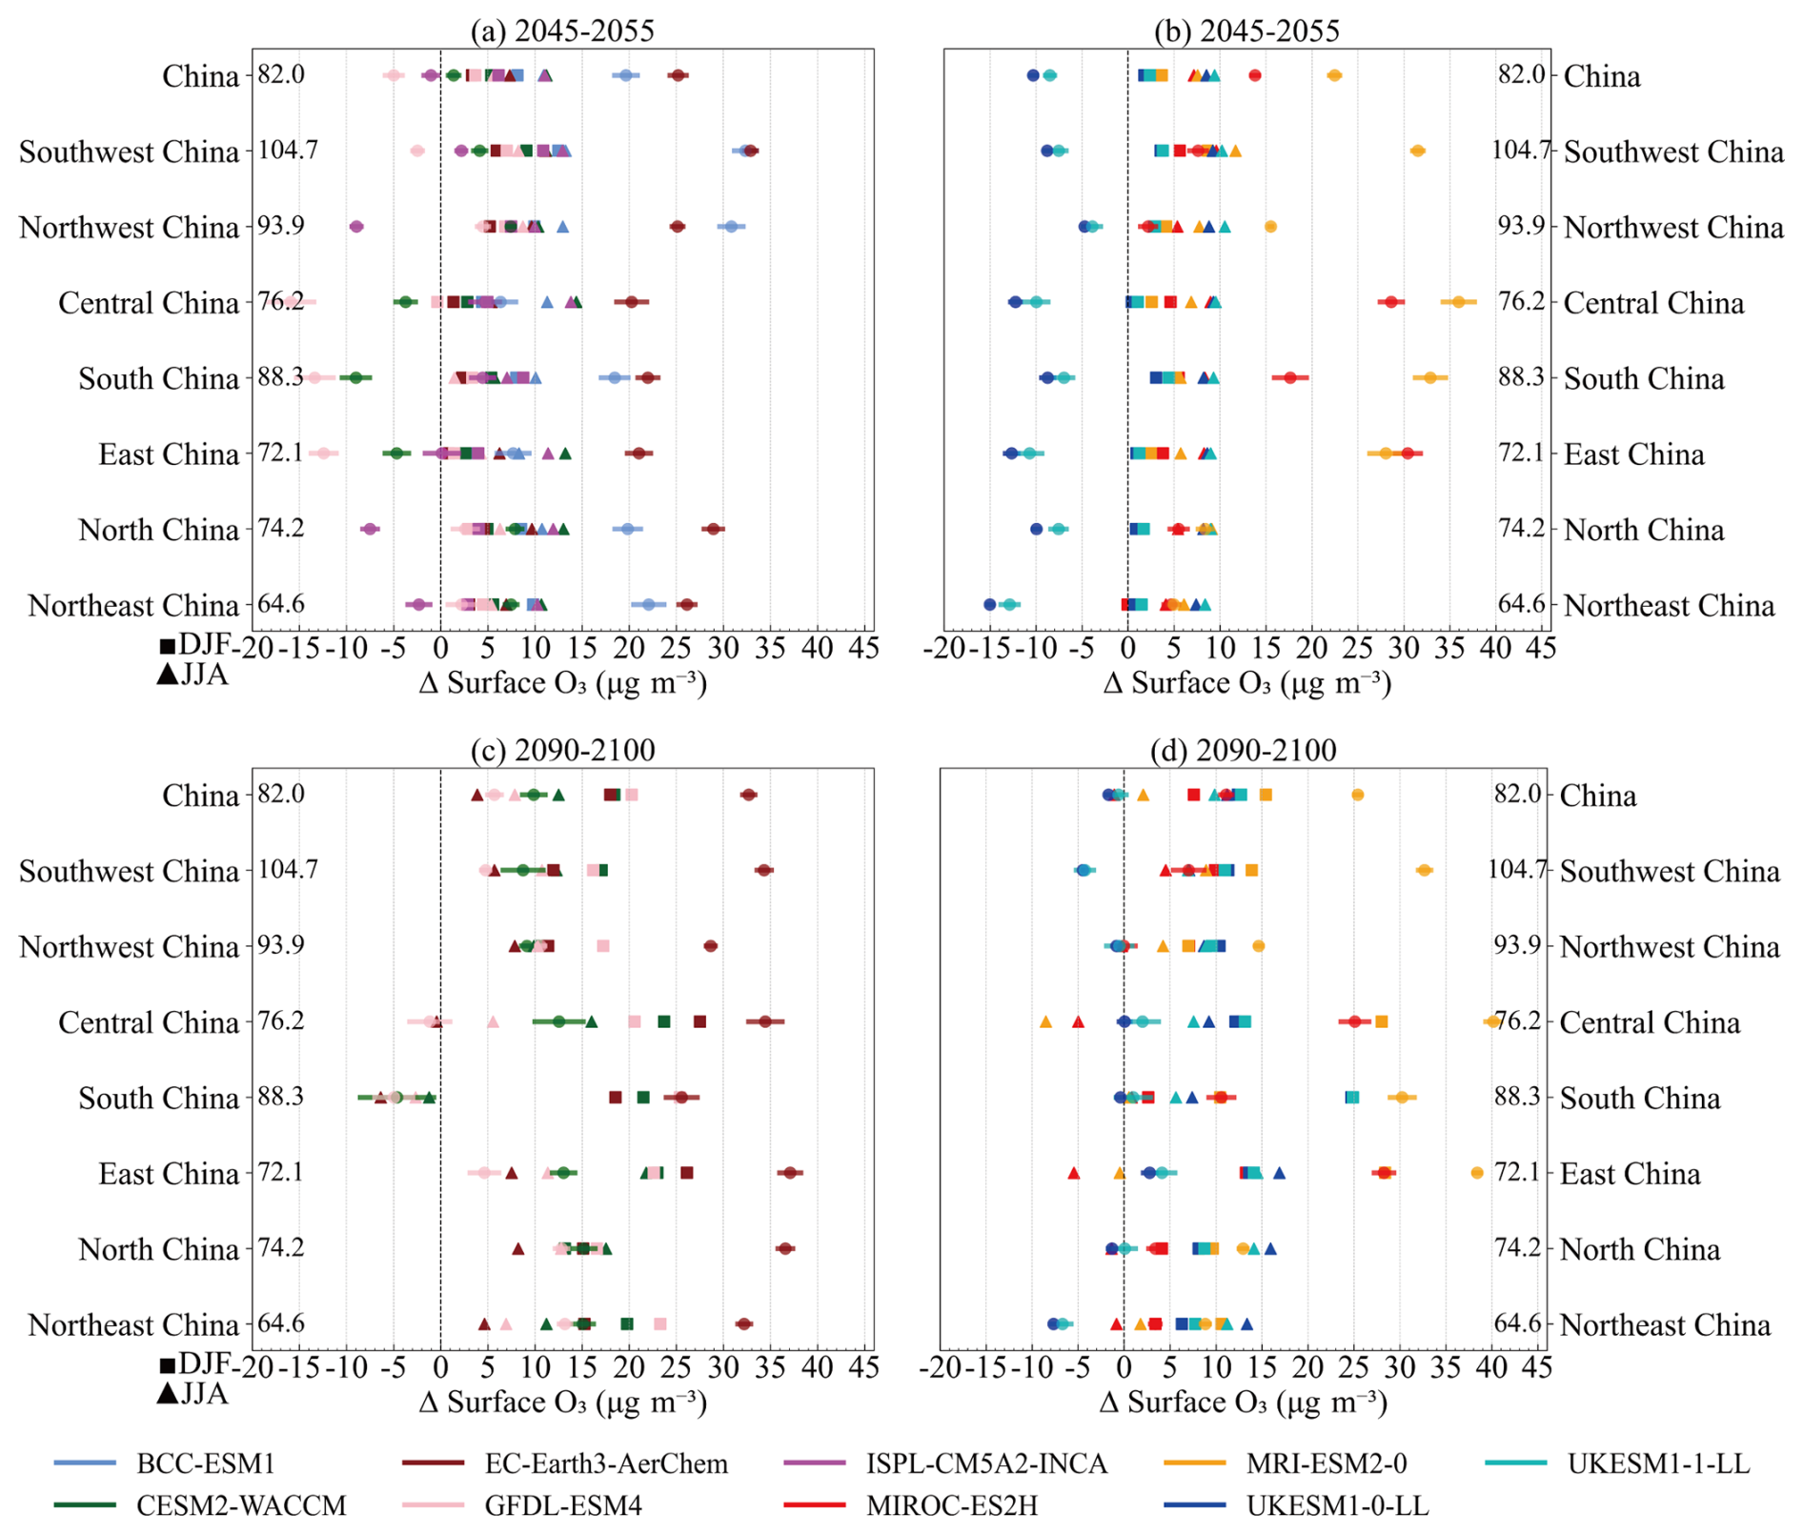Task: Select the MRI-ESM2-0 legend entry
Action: coord(1326,1463)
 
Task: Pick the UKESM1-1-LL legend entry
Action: coord(1658,1463)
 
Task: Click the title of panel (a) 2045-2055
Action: coord(562,30)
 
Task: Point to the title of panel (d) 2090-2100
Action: coord(1243,750)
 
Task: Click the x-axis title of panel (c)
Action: coord(562,1402)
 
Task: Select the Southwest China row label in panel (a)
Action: coord(129,151)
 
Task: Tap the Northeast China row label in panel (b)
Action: coord(1669,605)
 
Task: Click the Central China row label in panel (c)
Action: coord(148,1022)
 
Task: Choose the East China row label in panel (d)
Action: coord(1630,1174)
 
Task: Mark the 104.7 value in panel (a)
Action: coord(288,150)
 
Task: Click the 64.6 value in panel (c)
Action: coord(281,1323)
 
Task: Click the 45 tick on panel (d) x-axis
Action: coord(1536,1367)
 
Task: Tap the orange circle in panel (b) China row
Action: coord(1334,75)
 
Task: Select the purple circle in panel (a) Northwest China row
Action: coord(356,227)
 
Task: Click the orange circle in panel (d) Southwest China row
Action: coord(1424,870)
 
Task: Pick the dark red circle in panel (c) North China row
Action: coord(785,1248)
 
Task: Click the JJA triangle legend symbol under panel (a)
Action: coord(168,675)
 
